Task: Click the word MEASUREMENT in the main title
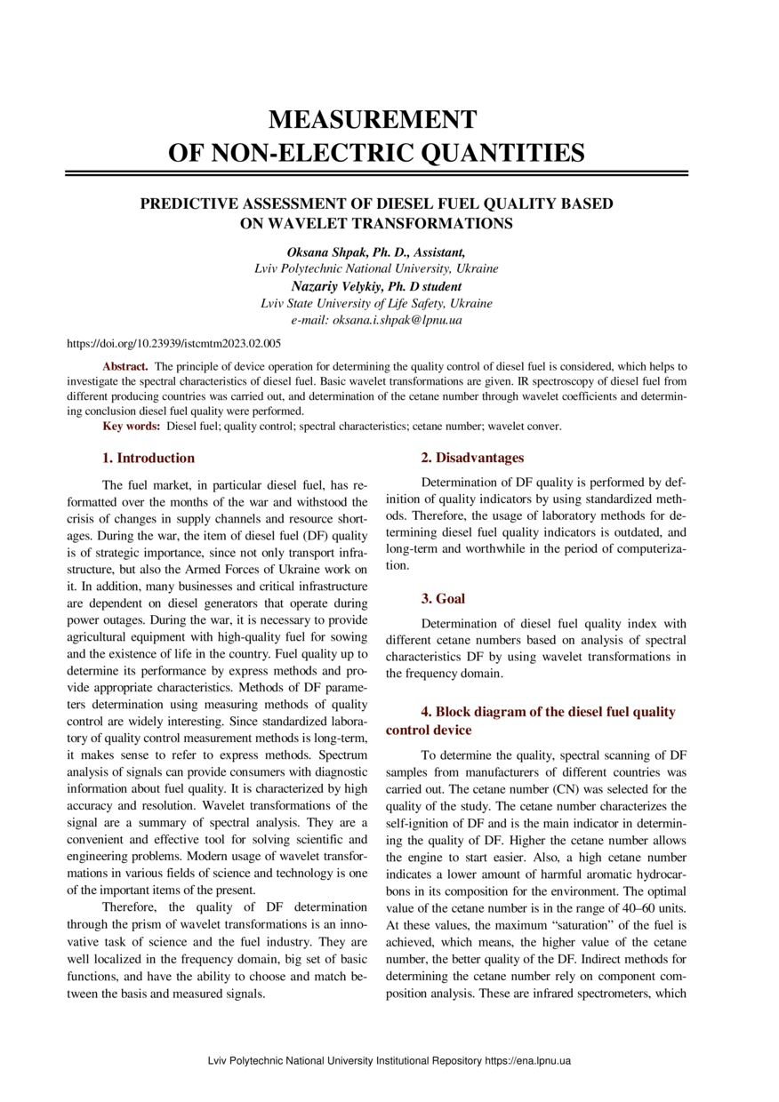coord(373,119)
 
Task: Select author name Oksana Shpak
coord(325,252)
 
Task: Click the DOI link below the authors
coord(174,342)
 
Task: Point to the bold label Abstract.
coord(124,366)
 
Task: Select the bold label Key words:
coord(132,427)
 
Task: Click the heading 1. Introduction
coord(149,459)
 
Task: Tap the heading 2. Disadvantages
coord(472,459)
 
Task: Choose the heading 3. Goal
coord(443,599)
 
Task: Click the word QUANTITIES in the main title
coord(484,153)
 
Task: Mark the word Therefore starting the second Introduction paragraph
coord(130,907)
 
